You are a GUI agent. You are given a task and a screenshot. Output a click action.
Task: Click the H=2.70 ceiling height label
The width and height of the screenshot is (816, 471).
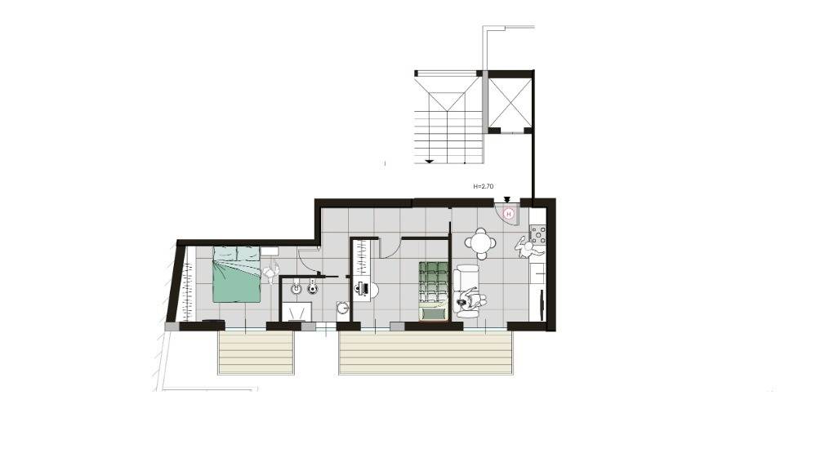point(484,187)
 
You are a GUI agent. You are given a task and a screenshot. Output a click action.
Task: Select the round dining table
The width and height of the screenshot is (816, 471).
point(480,242)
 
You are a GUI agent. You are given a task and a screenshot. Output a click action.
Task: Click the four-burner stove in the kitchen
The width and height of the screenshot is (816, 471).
point(537,235)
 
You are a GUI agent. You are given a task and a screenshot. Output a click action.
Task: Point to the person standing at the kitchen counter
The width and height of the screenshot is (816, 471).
point(524,247)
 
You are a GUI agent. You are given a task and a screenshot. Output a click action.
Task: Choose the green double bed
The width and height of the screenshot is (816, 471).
point(237,274)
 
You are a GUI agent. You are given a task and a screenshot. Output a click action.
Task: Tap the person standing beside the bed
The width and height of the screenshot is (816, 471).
point(271,274)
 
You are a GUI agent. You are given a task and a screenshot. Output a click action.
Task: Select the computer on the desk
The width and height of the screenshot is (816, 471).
point(361,287)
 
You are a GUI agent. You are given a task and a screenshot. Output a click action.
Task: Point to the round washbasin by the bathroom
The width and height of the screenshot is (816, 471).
point(343,309)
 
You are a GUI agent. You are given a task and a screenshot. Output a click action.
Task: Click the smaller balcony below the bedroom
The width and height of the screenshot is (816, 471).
point(256,353)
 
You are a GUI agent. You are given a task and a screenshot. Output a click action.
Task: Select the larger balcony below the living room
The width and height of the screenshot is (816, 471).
point(426,353)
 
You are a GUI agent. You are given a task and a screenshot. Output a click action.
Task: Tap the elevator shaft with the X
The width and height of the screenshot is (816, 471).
point(510,101)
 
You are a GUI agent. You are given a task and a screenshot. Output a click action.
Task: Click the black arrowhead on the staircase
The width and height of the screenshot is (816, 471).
point(429,161)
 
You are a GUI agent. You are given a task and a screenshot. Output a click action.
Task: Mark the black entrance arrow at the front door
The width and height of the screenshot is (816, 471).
point(507,199)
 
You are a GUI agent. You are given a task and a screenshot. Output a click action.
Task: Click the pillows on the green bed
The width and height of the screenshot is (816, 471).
point(236,255)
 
